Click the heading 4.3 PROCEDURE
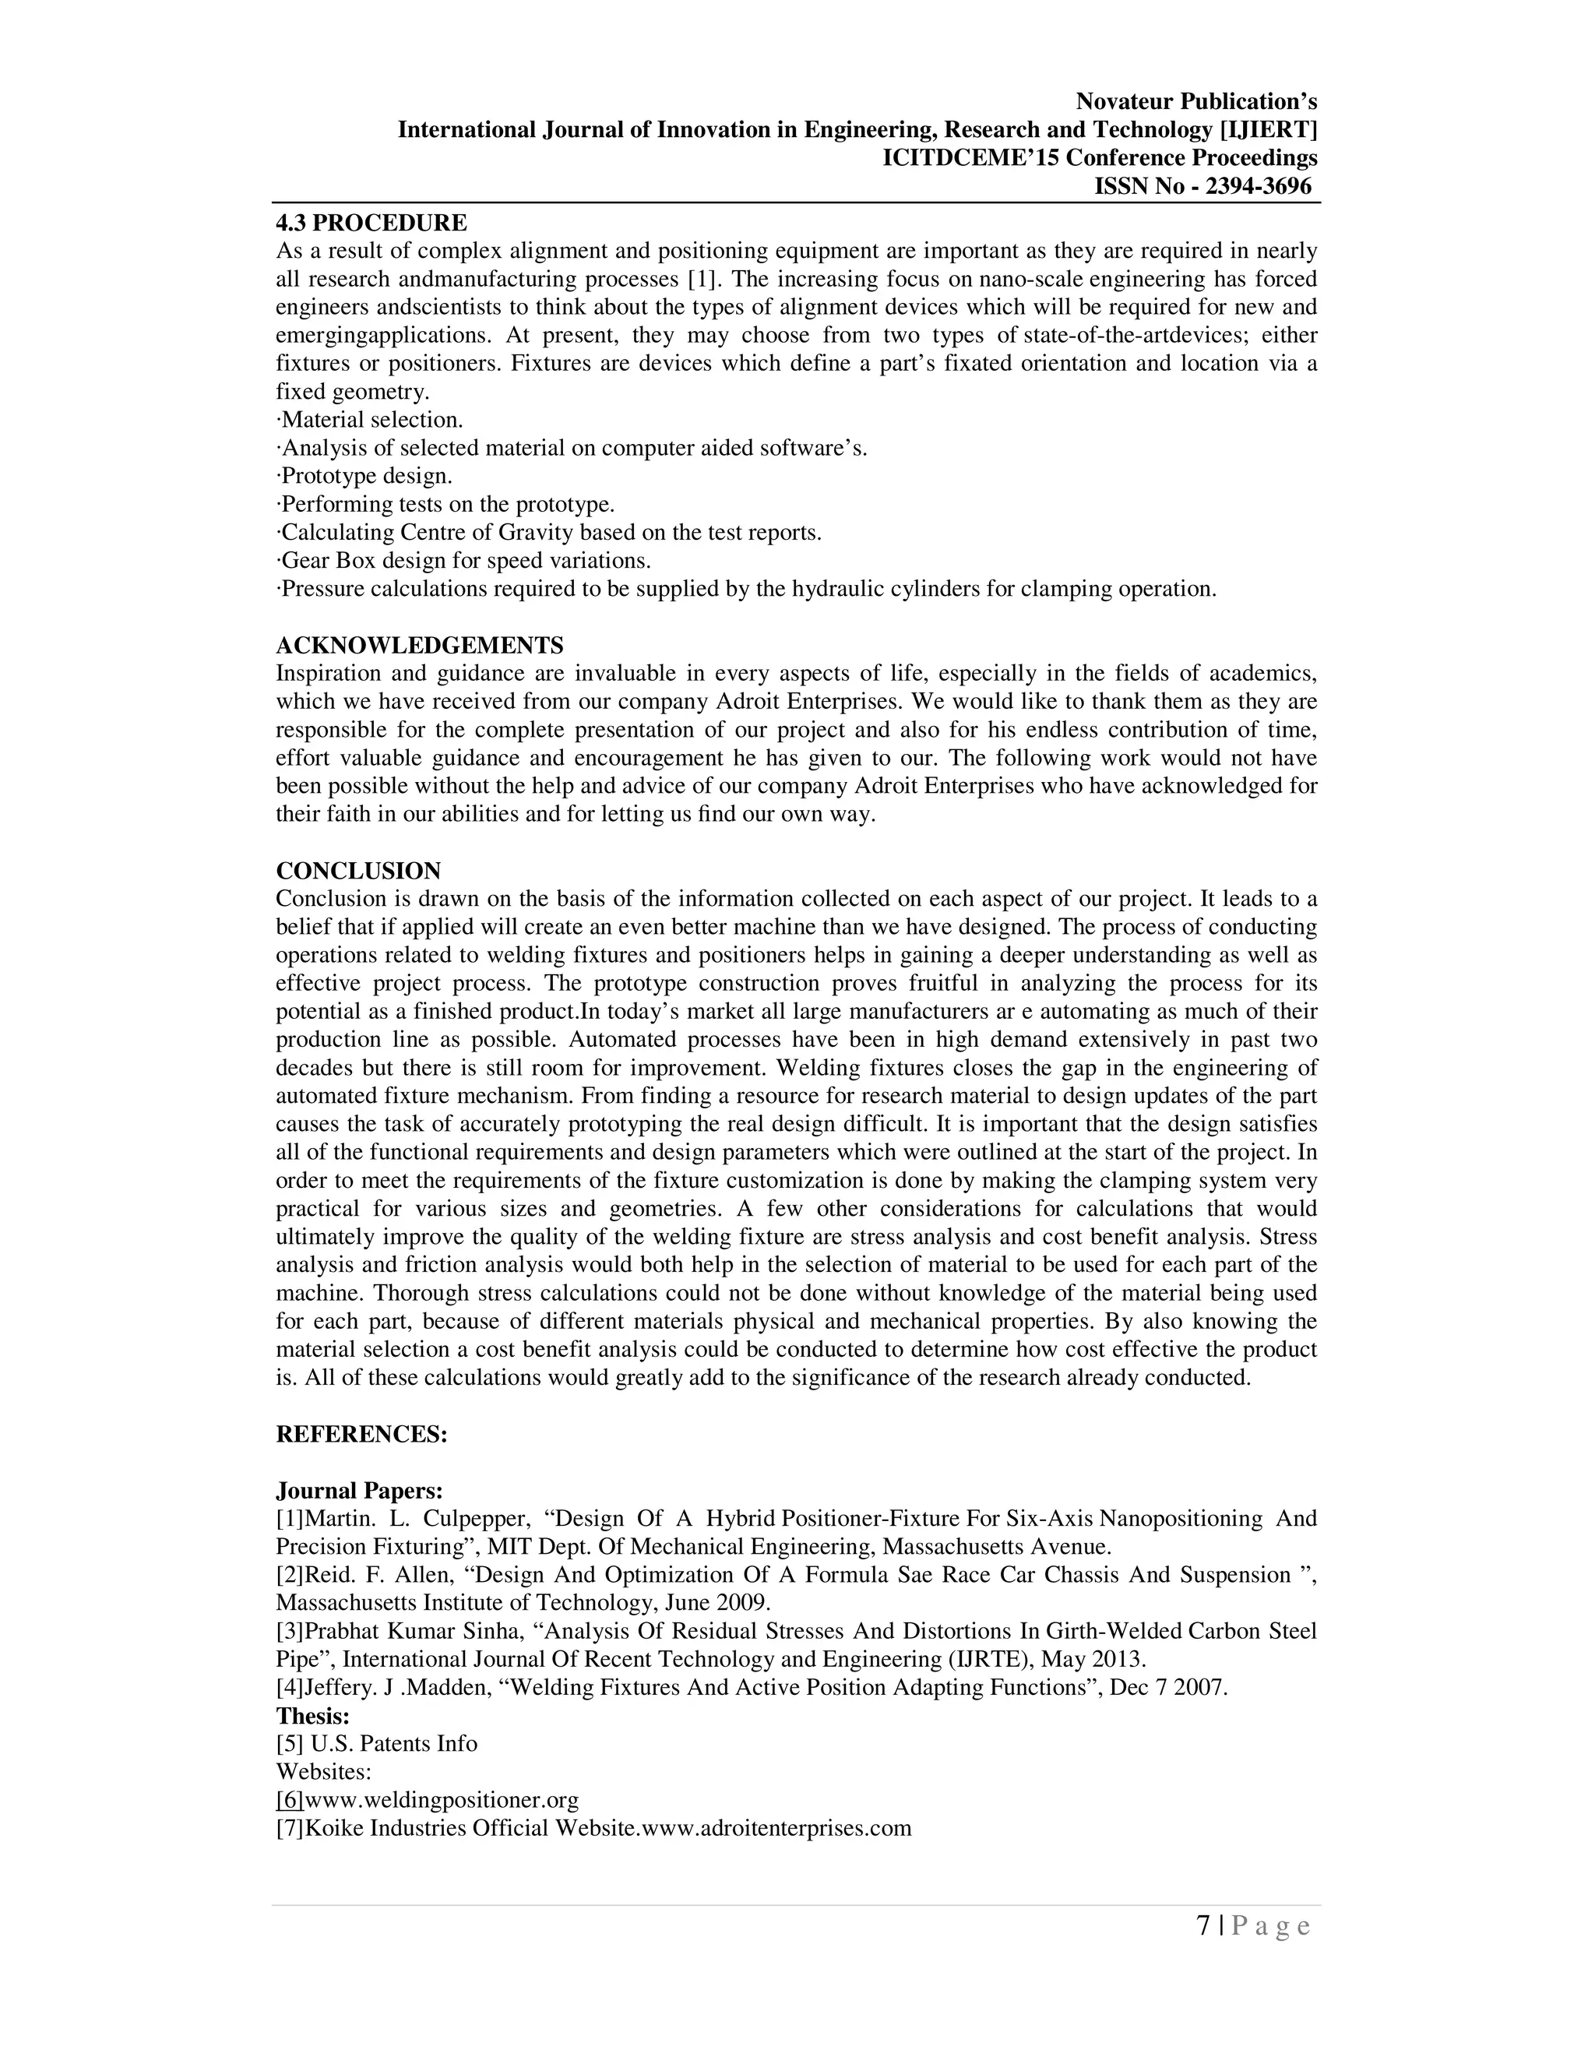[371, 223]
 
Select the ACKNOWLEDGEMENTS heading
[420, 646]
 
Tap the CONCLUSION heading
[358, 871]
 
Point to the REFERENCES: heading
[361, 1434]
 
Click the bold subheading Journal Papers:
[359, 1490]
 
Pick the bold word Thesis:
[313, 1715]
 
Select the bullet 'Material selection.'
[371, 420]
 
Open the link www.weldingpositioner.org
[442, 1799]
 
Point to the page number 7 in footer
[1202, 1927]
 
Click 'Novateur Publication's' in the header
[1196, 101]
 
